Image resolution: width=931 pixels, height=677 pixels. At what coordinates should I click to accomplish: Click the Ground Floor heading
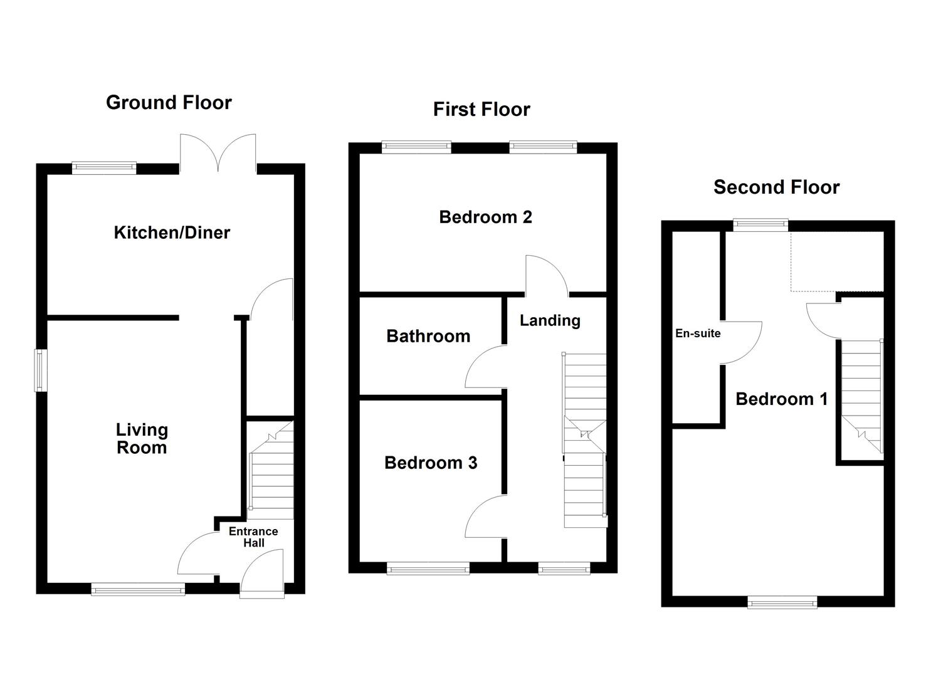pyautogui.click(x=169, y=102)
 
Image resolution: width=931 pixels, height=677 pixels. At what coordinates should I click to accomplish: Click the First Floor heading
pyautogui.click(x=481, y=109)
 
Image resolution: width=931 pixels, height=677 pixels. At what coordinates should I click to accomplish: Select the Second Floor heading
pyautogui.click(x=776, y=187)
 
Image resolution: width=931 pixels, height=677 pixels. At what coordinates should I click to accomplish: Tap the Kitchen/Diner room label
pyautogui.click(x=172, y=233)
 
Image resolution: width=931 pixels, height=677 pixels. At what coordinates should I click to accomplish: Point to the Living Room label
pyautogui.click(x=142, y=438)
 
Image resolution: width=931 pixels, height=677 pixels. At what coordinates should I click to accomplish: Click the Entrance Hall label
pyautogui.click(x=253, y=537)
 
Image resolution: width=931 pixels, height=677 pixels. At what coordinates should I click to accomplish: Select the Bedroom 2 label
pyautogui.click(x=485, y=217)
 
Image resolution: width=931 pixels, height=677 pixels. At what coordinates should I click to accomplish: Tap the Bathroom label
pyautogui.click(x=428, y=336)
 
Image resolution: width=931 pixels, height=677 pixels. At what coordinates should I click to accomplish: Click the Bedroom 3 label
pyautogui.click(x=431, y=463)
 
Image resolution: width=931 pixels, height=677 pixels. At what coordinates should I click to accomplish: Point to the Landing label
pyautogui.click(x=550, y=320)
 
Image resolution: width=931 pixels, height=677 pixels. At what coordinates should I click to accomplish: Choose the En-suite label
pyautogui.click(x=698, y=333)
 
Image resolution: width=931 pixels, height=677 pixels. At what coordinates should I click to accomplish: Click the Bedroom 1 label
pyautogui.click(x=781, y=399)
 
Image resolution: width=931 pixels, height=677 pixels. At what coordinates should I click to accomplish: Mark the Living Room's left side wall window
pyautogui.click(x=41, y=370)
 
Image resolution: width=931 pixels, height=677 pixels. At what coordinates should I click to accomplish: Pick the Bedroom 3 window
pyautogui.click(x=428, y=569)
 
